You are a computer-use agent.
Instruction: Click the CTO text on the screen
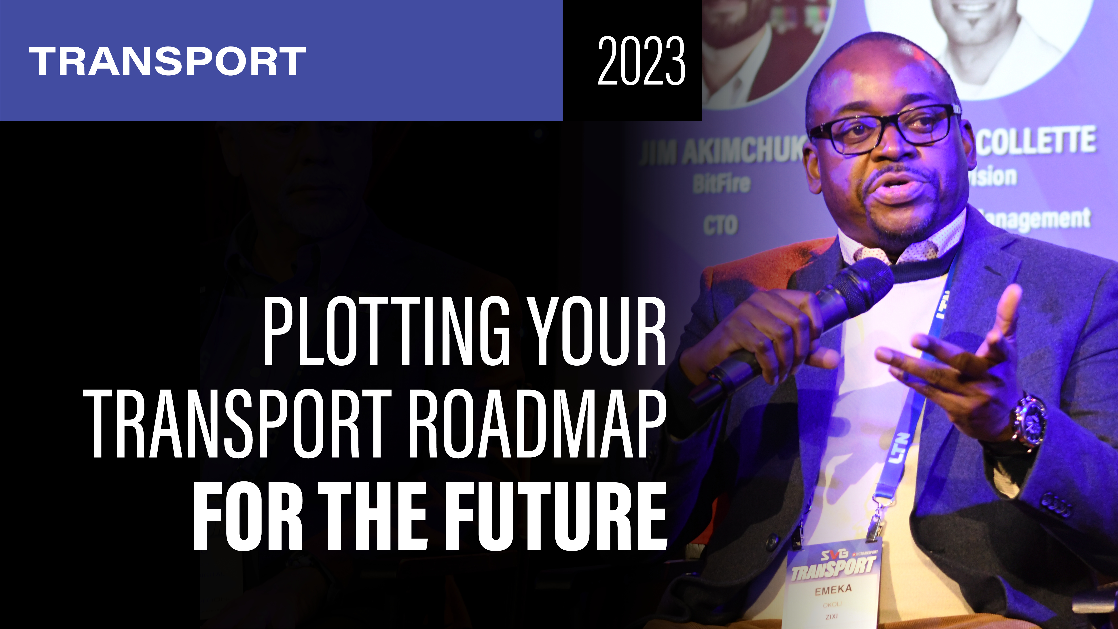tap(720, 225)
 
